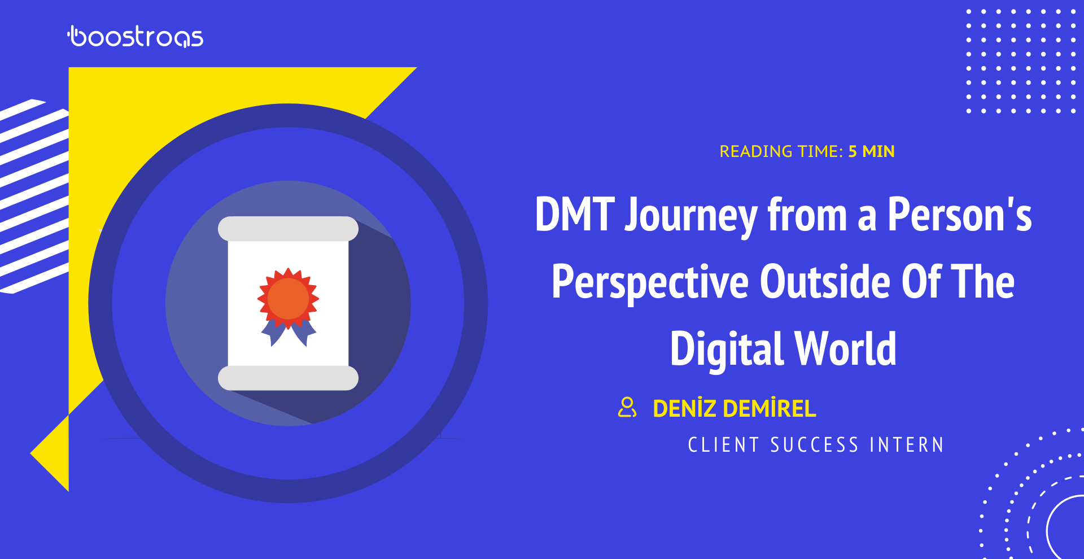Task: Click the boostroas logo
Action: (135, 37)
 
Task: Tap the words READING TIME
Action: (781, 151)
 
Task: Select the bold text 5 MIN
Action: (871, 151)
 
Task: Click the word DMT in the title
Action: (574, 215)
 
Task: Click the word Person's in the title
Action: (960, 215)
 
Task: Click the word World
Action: (846, 348)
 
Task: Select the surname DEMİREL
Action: (770, 408)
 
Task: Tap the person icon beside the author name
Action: (627, 407)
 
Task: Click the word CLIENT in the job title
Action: (723, 445)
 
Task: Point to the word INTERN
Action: (907, 445)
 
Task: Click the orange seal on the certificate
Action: (289, 299)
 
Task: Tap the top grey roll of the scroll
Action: (289, 229)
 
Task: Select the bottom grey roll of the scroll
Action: (289, 378)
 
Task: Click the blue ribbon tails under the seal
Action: (289, 333)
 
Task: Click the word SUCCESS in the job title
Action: (815, 445)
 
